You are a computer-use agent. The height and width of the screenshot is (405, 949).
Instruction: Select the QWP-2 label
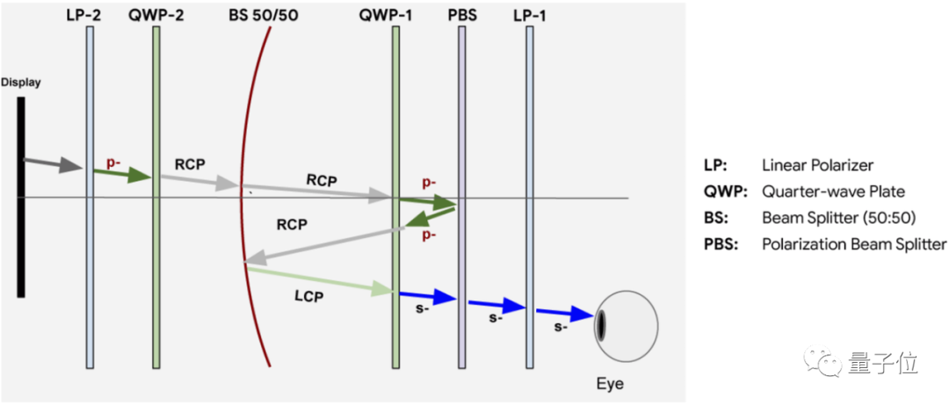tap(156, 14)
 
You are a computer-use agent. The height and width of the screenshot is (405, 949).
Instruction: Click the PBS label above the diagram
tap(462, 14)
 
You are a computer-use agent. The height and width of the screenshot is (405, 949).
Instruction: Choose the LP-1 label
tap(529, 14)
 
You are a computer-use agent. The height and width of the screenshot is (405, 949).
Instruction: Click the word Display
tap(21, 82)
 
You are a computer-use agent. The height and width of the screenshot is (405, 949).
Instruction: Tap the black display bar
tap(21, 197)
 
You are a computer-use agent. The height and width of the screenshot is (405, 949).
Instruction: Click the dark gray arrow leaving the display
tap(54, 163)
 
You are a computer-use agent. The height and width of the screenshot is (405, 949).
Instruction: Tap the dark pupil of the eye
tap(602, 324)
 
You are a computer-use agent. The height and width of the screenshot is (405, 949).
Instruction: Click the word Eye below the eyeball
tap(610, 384)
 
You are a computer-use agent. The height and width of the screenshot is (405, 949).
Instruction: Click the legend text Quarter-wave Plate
tap(833, 192)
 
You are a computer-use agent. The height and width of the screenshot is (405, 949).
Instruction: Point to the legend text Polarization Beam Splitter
tap(854, 244)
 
